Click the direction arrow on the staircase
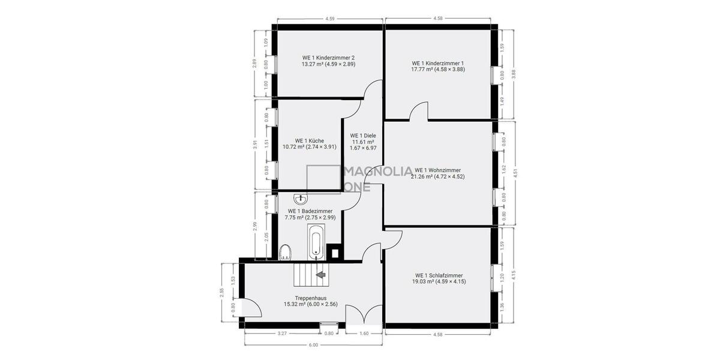(x=321, y=275)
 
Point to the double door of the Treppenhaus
(x=364, y=316)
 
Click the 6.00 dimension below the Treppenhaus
(x=313, y=345)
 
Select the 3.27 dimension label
(x=282, y=333)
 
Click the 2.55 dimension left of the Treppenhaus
(x=222, y=293)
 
